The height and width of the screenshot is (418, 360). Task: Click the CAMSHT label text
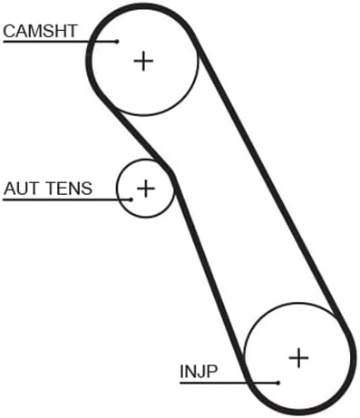pos(40,31)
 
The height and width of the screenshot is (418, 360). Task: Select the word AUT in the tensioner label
pos(22,189)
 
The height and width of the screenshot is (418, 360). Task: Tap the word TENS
pos(69,189)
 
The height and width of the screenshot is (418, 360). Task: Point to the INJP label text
pos(199,372)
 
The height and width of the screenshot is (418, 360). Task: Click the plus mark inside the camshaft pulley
pos(143,62)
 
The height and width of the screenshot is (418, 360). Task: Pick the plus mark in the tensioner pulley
pos(146,189)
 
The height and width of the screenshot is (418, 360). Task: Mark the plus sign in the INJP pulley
pos(298,358)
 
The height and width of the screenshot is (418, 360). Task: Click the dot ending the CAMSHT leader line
pos(118,42)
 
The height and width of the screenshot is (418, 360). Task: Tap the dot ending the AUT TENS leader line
pos(131,199)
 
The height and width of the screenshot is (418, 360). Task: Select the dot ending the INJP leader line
pos(278,383)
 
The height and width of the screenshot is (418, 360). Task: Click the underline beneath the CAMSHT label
pos(60,42)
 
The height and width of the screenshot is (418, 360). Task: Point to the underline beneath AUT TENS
pos(67,199)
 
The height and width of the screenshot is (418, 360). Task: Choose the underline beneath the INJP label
pos(229,383)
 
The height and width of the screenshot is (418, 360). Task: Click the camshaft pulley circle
pos(144,115)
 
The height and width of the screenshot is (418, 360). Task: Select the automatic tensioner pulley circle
pos(145,217)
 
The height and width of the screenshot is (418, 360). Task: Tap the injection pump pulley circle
pos(297,303)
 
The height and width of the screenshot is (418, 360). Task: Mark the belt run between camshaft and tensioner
pos(142,140)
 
